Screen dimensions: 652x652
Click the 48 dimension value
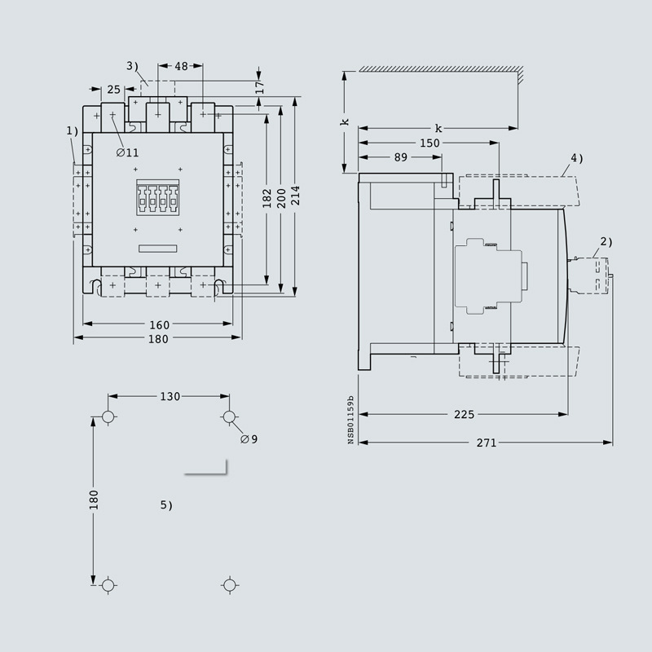pyautogui.click(x=181, y=66)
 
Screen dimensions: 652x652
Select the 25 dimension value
pyautogui.click(x=113, y=90)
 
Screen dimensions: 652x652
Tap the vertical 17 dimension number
pyautogui.click(x=259, y=87)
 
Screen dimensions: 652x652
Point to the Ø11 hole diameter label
pyautogui.click(x=128, y=152)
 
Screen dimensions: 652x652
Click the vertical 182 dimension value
pyautogui.click(x=267, y=198)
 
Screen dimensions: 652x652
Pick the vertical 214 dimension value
pyautogui.click(x=295, y=196)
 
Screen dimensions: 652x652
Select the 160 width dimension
pyautogui.click(x=159, y=324)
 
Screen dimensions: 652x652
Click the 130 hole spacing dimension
pyautogui.click(x=170, y=396)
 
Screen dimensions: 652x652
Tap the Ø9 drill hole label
pyautogui.click(x=249, y=439)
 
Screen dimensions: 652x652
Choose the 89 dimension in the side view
pyautogui.click(x=400, y=157)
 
